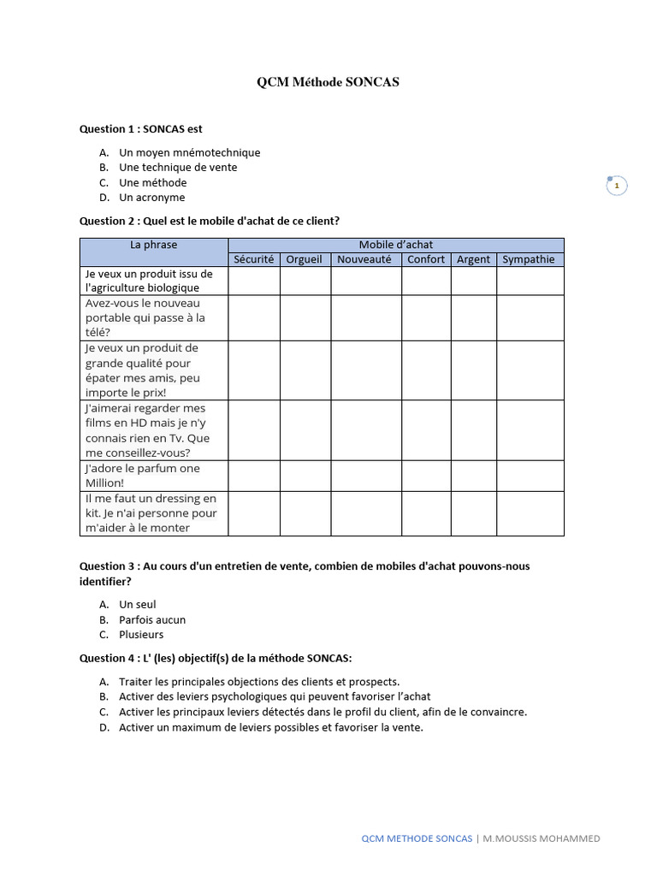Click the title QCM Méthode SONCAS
coord(328,83)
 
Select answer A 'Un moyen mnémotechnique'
coord(189,152)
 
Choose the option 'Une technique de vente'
coord(178,168)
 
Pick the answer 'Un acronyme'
coord(152,198)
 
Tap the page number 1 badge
coord(616,186)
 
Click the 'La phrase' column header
coord(154,245)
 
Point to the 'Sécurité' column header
coord(253,259)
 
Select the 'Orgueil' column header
coord(305,259)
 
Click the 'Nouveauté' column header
coord(365,259)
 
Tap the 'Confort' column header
coord(426,259)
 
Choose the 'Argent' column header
coord(474,259)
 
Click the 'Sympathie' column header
coord(530,259)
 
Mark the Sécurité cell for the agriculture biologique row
coord(253,281)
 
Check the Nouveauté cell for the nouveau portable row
coord(365,317)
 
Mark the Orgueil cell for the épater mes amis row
coord(305,370)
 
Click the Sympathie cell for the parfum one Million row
coord(530,476)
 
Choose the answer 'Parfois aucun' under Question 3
coord(152,619)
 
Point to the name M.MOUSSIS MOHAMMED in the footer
coord(542,838)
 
